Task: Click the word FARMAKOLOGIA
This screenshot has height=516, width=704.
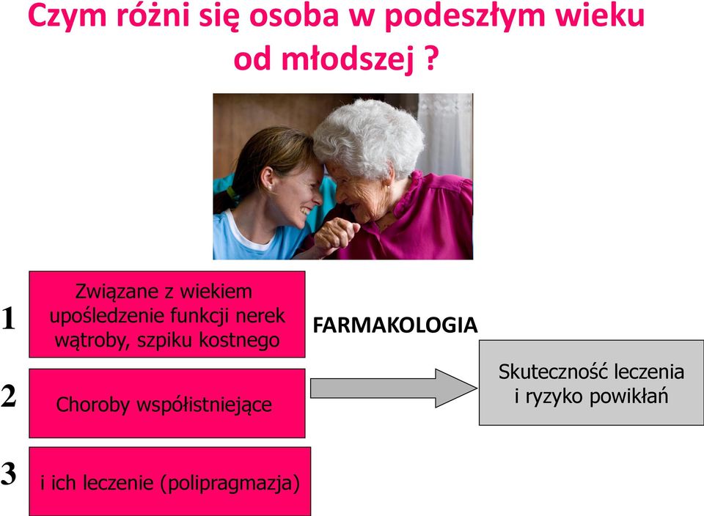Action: tap(395, 325)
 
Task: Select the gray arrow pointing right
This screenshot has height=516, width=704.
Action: tap(393, 388)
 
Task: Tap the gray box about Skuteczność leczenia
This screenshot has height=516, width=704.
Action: tap(591, 383)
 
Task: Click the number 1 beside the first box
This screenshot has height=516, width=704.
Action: tap(8, 319)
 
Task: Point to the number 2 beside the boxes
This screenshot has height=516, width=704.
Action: tap(9, 397)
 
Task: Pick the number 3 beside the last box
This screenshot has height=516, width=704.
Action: tap(9, 473)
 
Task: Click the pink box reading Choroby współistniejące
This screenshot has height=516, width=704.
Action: tap(167, 403)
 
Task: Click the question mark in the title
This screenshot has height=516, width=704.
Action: tap(431, 59)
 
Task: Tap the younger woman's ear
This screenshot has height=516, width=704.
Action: tap(267, 178)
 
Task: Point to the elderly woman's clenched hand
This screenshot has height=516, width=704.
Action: tap(335, 233)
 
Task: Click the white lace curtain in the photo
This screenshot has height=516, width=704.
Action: tap(445, 130)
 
